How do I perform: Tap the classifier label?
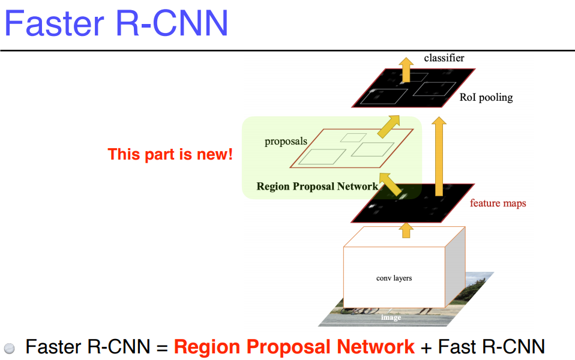click(x=444, y=58)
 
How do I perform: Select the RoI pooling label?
click(x=486, y=97)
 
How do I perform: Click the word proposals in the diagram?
click(x=286, y=142)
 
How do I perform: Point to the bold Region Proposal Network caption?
click(x=317, y=187)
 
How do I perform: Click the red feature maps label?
click(x=498, y=203)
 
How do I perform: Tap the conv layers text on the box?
click(x=394, y=278)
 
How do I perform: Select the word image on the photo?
click(x=391, y=317)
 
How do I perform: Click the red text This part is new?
click(x=170, y=154)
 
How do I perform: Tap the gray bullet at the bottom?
click(x=10, y=348)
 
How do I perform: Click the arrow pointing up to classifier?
click(x=406, y=70)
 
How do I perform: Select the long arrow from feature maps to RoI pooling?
click(x=439, y=156)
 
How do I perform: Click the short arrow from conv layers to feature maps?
click(x=406, y=229)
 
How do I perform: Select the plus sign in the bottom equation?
click(x=426, y=347)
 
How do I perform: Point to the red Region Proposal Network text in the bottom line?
click(x=294, y=347)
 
